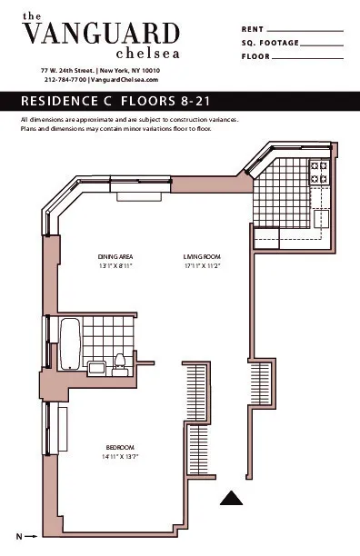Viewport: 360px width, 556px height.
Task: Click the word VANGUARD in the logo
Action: pos(100,35)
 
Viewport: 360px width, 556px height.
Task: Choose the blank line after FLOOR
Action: pos(308,56)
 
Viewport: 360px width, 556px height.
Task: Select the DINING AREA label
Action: pos(115,256)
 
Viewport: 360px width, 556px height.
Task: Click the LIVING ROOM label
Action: pos(202,256)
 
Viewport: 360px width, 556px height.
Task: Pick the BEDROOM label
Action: pos(119,447)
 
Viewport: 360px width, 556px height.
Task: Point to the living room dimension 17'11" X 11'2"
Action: pos(202,265)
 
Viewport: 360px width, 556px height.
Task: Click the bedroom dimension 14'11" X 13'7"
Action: pos(119,456)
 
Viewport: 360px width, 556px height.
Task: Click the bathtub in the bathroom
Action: pos(72,343)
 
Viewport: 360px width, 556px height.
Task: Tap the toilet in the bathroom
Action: pos(118,363)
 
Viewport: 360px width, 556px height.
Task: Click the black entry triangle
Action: pos(233,498)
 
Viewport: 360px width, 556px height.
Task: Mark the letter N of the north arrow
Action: pos(17,536)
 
